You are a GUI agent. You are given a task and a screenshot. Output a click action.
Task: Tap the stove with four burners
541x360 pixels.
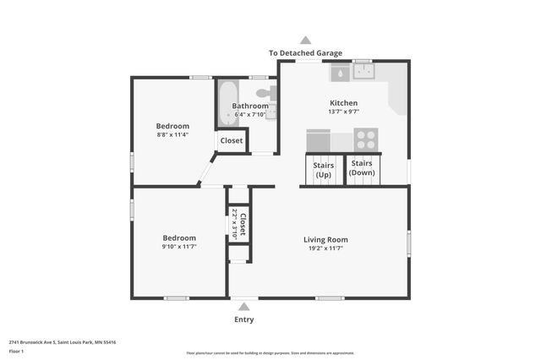point(366,139)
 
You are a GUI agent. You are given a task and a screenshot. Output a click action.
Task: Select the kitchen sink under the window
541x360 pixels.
point(364,74)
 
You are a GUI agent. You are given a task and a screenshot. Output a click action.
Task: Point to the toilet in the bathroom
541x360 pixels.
point(262,90)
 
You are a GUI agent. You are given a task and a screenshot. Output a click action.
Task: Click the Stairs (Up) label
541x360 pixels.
point(323,168)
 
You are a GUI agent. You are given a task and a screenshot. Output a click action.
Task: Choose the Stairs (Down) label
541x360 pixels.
point(363,167)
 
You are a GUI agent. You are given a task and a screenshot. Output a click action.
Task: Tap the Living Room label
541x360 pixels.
point(325,239)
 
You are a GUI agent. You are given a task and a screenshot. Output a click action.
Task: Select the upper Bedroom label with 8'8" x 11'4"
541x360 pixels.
point(172,126)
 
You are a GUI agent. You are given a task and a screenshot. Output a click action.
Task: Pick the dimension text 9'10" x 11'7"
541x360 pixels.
point(179,248)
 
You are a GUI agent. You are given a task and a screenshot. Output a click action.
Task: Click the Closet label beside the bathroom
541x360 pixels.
point(231,140)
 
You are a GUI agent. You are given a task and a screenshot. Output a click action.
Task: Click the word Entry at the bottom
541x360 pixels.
point(243,319)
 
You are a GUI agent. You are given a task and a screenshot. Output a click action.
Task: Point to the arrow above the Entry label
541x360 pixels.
point(244,307)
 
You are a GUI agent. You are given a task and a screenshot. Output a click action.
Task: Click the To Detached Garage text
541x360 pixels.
point(305,52)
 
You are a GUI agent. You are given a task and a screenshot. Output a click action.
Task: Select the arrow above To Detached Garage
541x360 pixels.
point(305,40)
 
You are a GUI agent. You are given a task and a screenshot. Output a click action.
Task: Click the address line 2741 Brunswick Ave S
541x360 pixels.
point(63,342)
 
